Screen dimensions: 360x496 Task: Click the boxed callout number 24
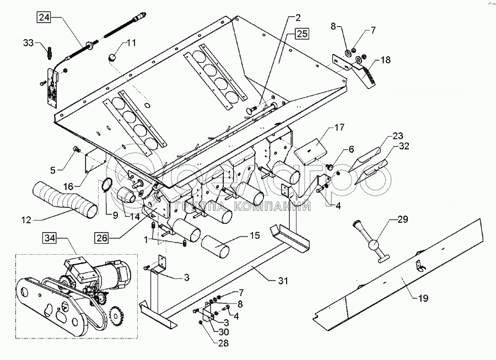(x=43, y=17)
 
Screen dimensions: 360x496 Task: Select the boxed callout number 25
(x=301, y=33)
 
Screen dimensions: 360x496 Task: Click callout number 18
(x=384, y=60)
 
